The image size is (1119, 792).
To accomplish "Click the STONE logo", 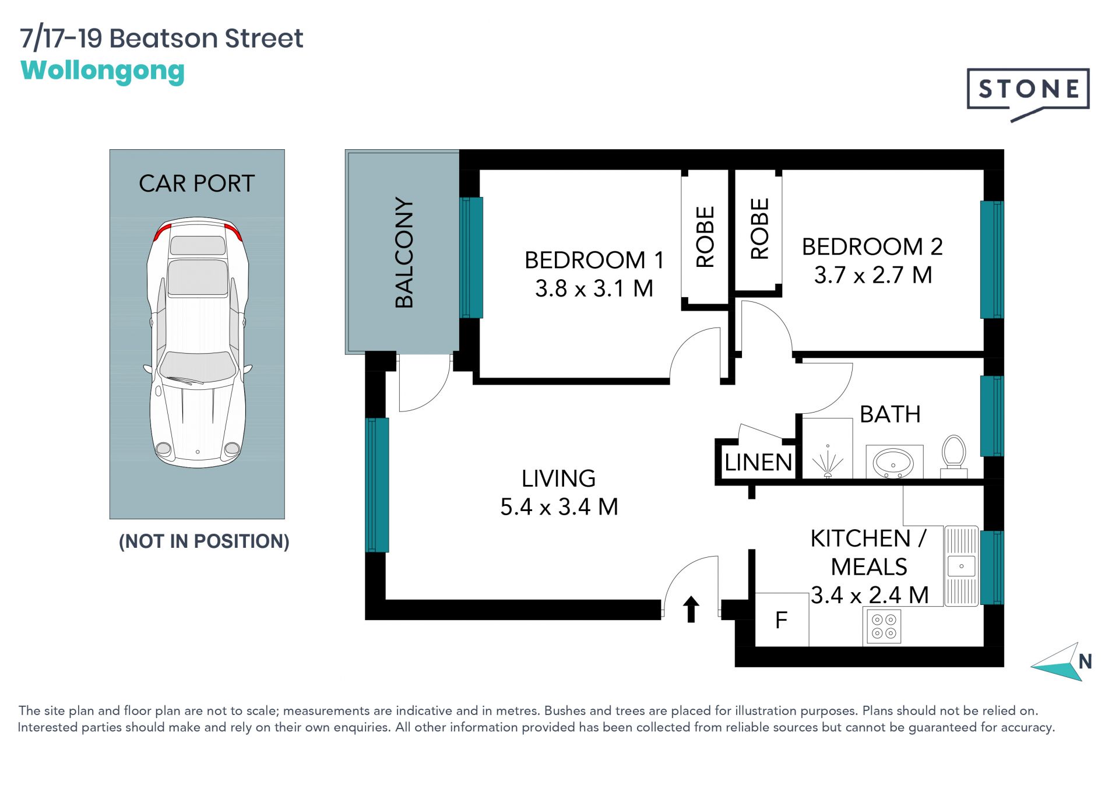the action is click(1028, 93).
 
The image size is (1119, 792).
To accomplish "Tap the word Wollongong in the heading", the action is click(103, 71).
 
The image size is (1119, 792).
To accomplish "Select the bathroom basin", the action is click(893, 463).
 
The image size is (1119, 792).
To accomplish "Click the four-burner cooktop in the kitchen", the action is click(884, 627).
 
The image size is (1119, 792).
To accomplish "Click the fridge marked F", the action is click(782, 619).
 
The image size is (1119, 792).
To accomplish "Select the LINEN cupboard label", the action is click(758, 463).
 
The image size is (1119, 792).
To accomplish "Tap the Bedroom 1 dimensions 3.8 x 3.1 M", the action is click(594, 288).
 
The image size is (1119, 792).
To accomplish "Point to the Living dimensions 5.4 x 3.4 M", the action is click(559, 507).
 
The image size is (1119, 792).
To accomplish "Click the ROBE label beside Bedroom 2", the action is click(759, 229).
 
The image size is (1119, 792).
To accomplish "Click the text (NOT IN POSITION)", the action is click(204, 541).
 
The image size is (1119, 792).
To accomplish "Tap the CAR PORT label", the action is click(197, 184).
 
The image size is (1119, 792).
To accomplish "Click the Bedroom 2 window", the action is click(992, 259).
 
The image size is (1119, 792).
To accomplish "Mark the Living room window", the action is click(377, 485).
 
